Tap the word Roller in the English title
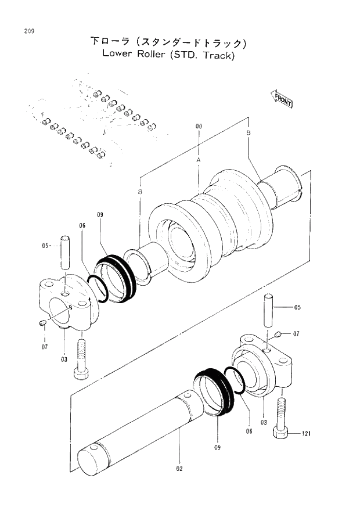(153, 56)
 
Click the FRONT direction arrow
(282, 99)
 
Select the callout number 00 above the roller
(199, 125)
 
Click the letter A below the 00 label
(198, 159)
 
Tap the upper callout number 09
(99, 215)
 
